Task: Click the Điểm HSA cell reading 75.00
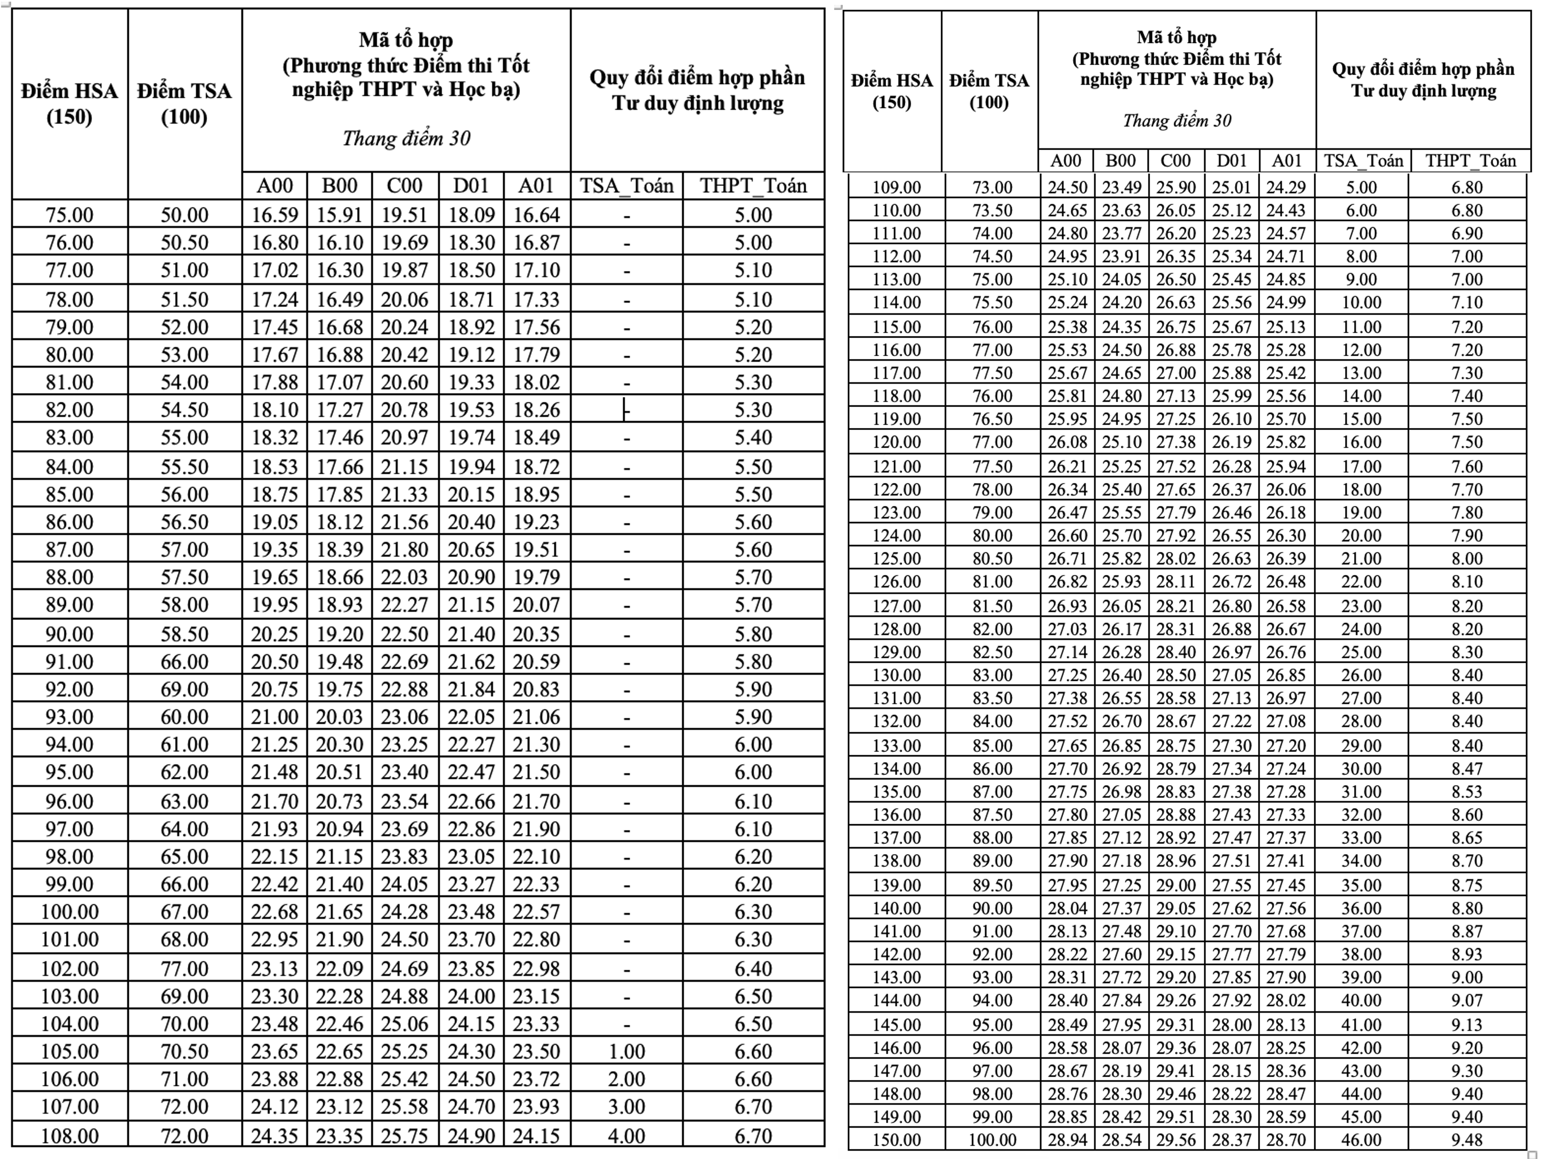69,215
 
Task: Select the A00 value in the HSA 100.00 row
274,912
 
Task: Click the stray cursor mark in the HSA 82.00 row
626,411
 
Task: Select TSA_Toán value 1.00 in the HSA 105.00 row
626,1051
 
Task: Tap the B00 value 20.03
339,717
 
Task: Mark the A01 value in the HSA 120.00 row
1286,442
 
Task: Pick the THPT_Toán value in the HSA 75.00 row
753,215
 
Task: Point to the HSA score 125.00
897,558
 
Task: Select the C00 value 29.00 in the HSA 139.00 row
1176,885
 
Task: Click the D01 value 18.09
471,215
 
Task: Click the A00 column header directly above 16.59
274,185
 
